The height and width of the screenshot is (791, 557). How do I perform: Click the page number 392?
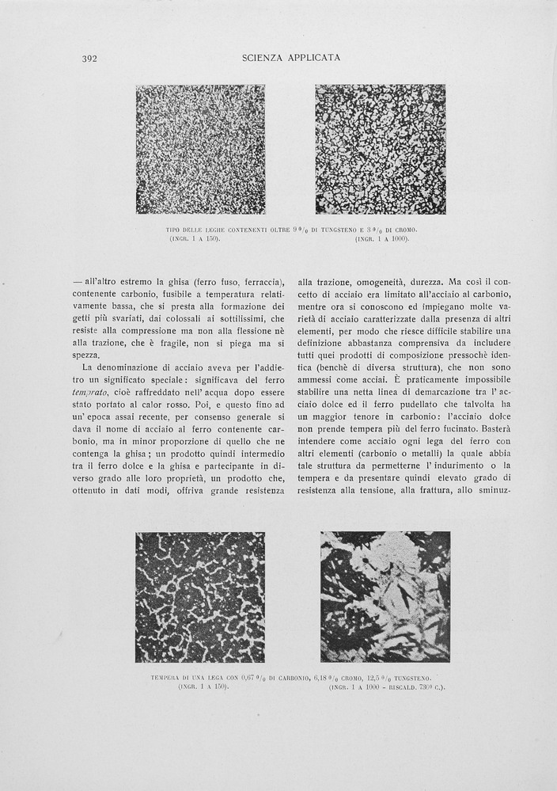coord(89,58)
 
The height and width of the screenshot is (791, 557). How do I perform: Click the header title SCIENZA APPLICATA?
coord(290,58)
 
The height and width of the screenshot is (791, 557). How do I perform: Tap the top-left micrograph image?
coord(200,150)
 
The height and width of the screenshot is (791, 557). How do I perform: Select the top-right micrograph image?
coord(380,150)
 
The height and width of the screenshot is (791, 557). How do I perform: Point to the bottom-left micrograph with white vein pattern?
coord(200,597)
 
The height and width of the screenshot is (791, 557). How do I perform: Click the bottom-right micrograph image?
coord(385,597)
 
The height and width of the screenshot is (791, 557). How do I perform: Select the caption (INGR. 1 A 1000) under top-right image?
coord(382,238)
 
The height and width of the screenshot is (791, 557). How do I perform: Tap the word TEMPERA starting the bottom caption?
coord(168,679)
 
